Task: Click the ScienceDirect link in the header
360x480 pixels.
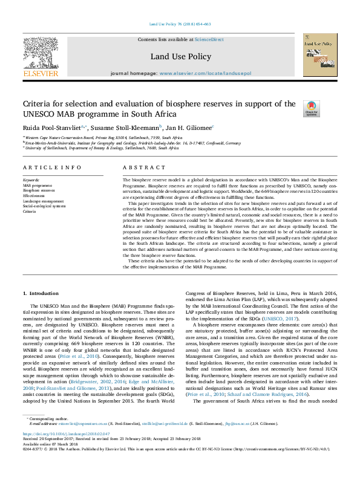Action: click(211, 39)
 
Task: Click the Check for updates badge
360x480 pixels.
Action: click(327, 109)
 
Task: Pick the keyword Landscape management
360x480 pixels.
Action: click(43, 201)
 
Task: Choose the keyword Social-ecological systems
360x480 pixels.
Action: click(44, 206)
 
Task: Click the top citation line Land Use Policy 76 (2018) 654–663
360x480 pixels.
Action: click(180, 24)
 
